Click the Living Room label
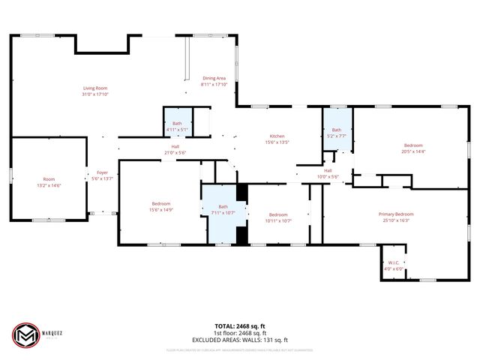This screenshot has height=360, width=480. point(95,88)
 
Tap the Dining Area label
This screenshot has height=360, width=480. point(214,79)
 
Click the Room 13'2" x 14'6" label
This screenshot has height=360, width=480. point(49,179)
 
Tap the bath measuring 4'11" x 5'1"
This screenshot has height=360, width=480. point(177,126)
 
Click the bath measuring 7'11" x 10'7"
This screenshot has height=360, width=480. point(223,209)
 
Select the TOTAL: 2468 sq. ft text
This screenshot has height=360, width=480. point(240,327)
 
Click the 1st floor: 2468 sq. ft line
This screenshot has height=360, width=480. point(240,333)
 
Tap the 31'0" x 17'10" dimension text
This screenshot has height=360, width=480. point(95,94)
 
